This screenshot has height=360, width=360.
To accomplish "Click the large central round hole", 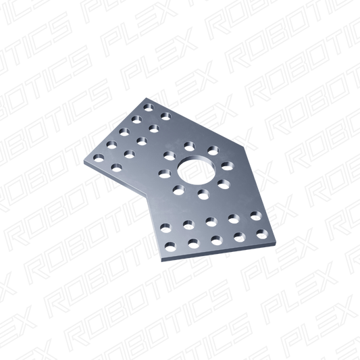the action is [197, 170].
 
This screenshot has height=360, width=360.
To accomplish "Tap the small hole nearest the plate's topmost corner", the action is [149, 107].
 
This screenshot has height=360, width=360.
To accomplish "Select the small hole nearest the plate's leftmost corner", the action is [99, 158].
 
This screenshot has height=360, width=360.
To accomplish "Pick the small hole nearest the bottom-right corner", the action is [262, 234].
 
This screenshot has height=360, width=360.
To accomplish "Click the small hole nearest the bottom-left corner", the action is [170, 247].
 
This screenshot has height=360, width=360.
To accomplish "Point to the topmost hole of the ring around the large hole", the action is [190, 147].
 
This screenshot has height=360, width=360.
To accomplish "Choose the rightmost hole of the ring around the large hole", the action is [228, 165].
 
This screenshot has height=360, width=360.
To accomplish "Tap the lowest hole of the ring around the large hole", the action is [203, 194].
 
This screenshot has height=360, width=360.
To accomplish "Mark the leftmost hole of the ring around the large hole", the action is [165, 174].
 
